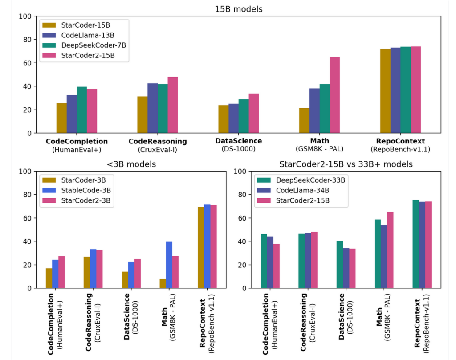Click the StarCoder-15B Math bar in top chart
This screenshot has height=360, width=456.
304,120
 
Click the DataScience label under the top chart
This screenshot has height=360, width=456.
238,141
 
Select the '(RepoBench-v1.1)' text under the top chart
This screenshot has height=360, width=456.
400,149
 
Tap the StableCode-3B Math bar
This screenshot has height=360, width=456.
169,265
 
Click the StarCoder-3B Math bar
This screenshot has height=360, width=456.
163,283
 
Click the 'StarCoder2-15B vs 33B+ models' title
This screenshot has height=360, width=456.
346,164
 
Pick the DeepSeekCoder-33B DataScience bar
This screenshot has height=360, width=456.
340,265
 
